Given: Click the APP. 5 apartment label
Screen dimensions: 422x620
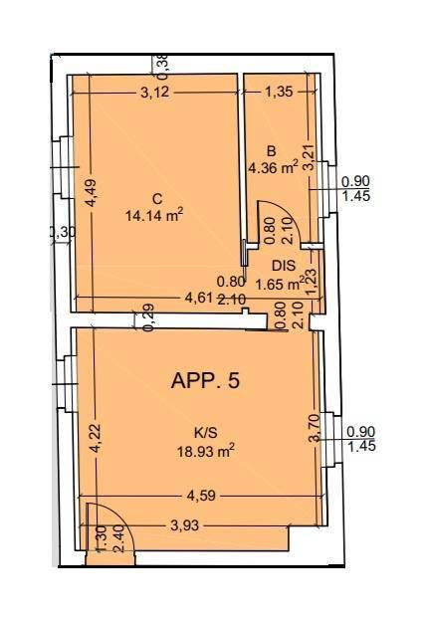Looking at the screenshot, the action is (x=205, y=381).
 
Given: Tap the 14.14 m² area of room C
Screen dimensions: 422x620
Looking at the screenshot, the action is (x=154, y=215).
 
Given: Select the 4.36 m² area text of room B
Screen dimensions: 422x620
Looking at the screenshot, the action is (x=273, y=168).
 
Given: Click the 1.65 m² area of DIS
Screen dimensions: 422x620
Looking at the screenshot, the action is (x=280, y=284).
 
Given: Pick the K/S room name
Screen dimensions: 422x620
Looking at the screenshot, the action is (x=206, y=433).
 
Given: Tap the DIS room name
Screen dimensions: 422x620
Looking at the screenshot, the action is (x=284, y=266).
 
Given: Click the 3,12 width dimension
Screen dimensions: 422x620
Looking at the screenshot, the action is (x=155, y=93).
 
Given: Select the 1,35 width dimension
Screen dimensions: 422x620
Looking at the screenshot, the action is (x=280, y=92).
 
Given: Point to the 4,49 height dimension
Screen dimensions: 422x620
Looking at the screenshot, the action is (x=91, y=193).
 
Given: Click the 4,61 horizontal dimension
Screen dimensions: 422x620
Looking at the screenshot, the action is (x=199, y=297).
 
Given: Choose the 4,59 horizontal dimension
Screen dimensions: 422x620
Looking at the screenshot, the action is (x=201, y=496).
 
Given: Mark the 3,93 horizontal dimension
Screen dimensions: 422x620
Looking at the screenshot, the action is (x=184, y=525).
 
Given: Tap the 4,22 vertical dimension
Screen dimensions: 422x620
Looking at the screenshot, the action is (x=95, y=439).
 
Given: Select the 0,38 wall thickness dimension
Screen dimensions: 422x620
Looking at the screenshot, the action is (x=163, y=65).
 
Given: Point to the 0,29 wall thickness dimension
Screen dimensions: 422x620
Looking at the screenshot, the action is (x=149, y=317).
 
